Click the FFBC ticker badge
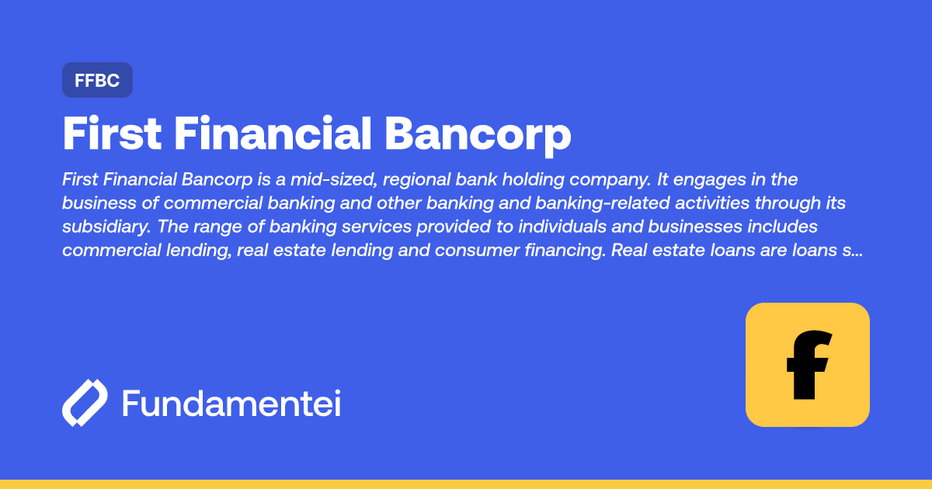pyautogui.click(x=97, y=80)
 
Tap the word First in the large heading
pyautogui.click(x=112, y=135)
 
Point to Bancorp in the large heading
pyautogui.click(x=478, y=135)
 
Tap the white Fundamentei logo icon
pyautogui.click(x=85, y=403)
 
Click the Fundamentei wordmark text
pyautogui.click(x=231, y=404)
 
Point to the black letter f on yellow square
pyautogui.click(x=808, y=365)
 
